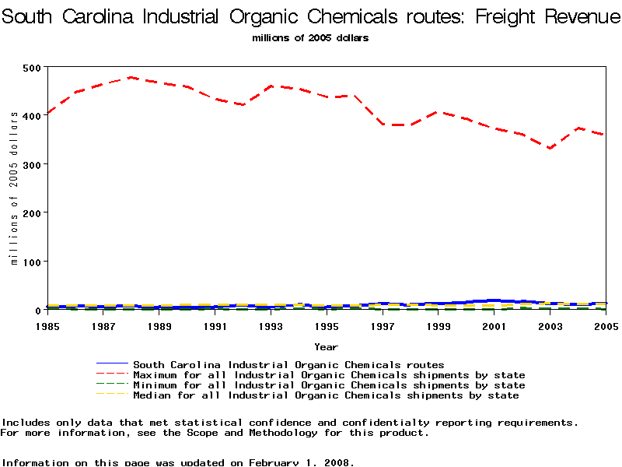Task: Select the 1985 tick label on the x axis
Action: click(47, 326)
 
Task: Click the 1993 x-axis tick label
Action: click(271, 326)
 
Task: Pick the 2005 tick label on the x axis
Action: click(606, 326)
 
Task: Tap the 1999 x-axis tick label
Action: click(439, 326)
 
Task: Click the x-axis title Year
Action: click(326, 346)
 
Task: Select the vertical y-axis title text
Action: click(14, 188)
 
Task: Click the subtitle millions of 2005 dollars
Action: click(310, 37)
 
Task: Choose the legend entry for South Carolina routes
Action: click(288, 364)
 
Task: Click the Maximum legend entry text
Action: click(328, 375)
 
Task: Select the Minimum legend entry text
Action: click(328, 385)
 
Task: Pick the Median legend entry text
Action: click(325, 395)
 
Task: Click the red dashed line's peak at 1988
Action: click(131, 77)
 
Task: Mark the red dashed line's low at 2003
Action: click(550, 148)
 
